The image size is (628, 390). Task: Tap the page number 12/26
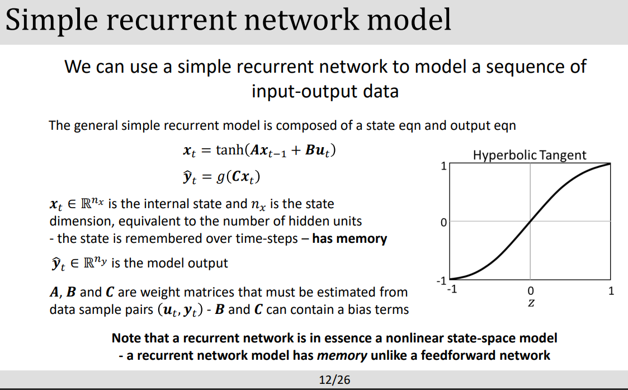tap(334, 380)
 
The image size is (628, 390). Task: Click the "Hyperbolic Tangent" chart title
tap(530, 155)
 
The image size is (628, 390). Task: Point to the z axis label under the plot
tap(530, 303)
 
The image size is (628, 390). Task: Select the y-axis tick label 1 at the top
tap(443, 166)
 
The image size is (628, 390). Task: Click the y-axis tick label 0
tap(443, 223)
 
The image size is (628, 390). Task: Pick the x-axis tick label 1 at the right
tap(611, 291)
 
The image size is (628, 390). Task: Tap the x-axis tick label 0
tap(530, 291)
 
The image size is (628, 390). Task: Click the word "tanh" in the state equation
tap(229, 151)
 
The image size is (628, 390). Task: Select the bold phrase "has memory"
tap(350, 238)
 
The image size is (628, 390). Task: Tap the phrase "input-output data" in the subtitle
tap(325, 91)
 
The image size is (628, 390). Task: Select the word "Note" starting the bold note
tap(125, 338)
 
